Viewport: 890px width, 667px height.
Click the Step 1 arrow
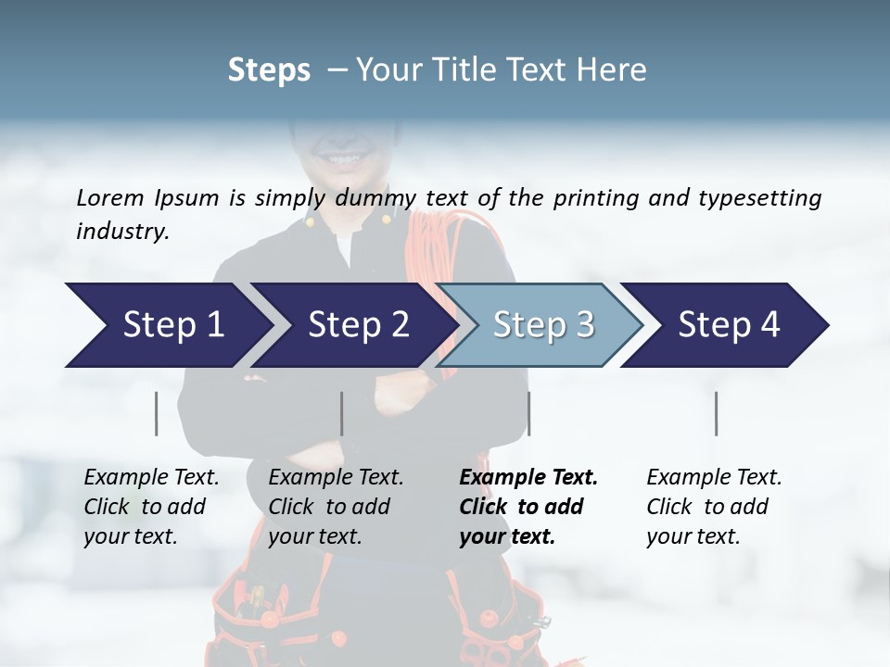167,325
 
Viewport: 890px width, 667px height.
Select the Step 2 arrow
352,325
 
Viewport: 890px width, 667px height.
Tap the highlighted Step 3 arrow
540,325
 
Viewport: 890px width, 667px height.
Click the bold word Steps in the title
269,69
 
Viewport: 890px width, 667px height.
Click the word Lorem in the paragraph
110,198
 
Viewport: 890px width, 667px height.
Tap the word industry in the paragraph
121,232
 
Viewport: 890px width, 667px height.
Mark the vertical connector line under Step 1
157,413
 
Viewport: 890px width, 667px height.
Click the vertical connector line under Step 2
342,413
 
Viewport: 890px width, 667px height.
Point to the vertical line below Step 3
528,413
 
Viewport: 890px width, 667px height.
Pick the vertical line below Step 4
716,413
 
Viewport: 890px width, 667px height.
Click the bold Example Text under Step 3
528,478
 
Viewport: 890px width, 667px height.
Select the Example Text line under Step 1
151,478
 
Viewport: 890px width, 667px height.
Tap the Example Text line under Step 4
714,478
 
